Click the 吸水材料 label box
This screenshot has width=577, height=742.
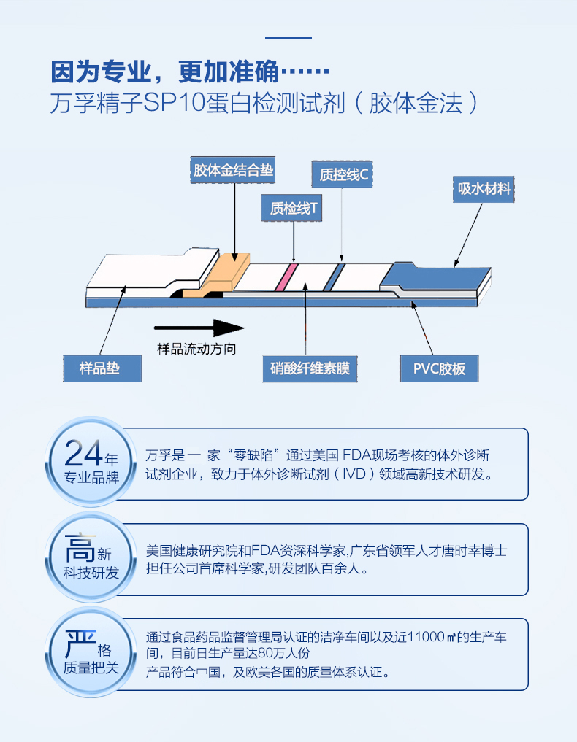[x=484, y=189]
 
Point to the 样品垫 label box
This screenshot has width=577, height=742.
[x=110, y=368]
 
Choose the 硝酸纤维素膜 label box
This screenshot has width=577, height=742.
[x=306, y=368]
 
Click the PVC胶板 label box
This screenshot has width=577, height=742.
[x=439, y=368]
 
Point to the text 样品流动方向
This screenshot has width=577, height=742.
[x=197, y=349]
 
